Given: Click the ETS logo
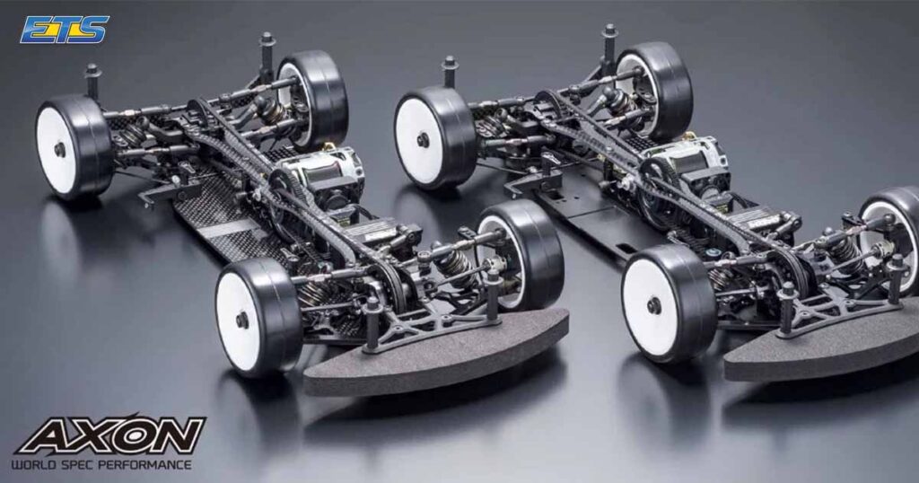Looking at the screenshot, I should point(64,29).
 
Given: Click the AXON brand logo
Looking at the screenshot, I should point(110,436).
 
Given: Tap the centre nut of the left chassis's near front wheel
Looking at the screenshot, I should point(242,320).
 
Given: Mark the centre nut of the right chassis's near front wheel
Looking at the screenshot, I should point(653,305).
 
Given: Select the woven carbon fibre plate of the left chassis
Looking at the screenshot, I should point(215,215).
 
